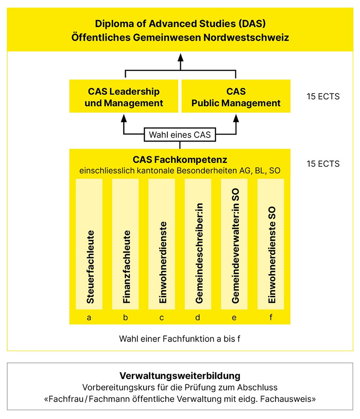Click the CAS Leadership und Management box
point(124,97)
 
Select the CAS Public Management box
point(236,97)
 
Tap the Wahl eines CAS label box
point(180,134)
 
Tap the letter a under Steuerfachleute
point(89,317)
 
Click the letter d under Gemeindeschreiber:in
point(198,317)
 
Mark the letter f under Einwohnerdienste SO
point(270,317)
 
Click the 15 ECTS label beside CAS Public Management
point(323,97)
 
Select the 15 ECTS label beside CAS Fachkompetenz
point(323,164)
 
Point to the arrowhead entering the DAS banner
point(180,57)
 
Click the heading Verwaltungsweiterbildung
point(180,376)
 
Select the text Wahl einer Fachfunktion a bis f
point(180,339)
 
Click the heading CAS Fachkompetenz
point(180,160)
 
